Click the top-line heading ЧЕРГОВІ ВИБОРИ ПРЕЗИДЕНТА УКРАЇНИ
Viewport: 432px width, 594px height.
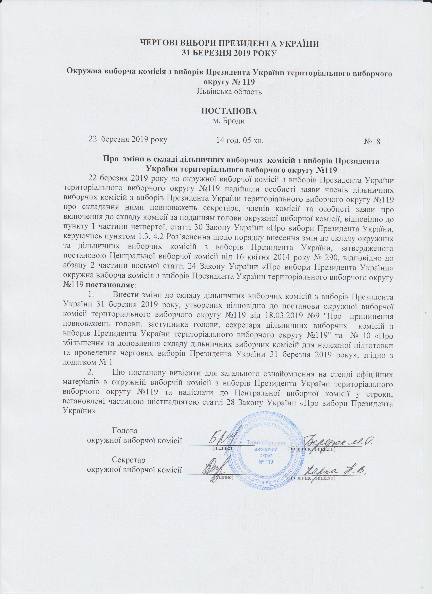(229, 43)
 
